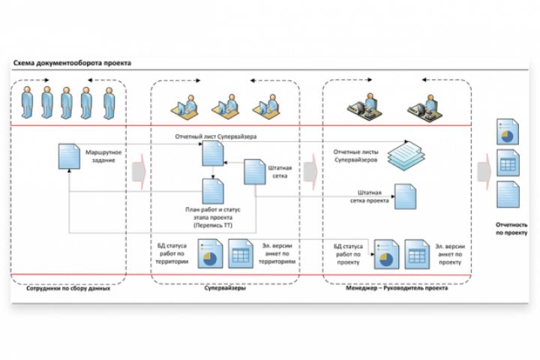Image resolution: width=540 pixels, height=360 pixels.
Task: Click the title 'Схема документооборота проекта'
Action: coord(72,64)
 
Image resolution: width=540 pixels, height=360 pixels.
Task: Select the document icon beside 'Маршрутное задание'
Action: coord(68,157)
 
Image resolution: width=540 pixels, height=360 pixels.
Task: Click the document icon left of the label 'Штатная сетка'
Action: coord(253,172)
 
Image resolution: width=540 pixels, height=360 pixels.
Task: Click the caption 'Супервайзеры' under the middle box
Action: coord(225,289)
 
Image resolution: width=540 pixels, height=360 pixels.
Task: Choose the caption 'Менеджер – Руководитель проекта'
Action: coord(397,289)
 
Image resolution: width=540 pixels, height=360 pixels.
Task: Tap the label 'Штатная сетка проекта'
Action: coord(370,196)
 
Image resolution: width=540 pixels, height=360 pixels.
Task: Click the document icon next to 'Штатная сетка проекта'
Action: coord(406,196)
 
